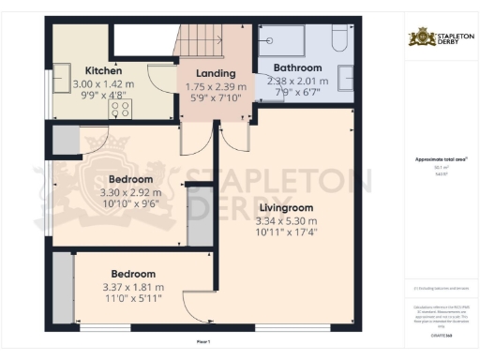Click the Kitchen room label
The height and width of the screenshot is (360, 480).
click(103, 70)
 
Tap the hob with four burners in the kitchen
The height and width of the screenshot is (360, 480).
click(121, 108)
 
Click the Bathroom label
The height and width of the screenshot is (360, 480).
click(297, 67)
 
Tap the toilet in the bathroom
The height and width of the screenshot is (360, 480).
click(338, 42)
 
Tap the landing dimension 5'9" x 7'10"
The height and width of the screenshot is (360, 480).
click(215, 97)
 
